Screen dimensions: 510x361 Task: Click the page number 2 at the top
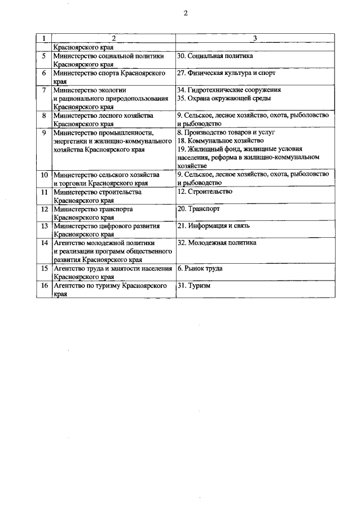tap(184, 15)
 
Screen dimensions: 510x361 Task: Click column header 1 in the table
tap(43, 38)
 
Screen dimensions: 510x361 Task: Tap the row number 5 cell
tap(43, 56)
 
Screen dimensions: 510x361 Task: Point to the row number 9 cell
tap(43, 133)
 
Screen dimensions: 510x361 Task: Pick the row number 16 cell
tap(43, 286)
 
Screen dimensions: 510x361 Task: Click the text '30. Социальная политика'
tap(215, 56)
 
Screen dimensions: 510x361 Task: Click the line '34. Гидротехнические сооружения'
tap(228, 90)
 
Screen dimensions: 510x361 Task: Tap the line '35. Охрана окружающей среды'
tap(223, 98)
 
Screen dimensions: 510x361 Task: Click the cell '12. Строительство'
tap(205, 192)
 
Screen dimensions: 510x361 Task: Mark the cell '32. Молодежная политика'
tap(217, 243)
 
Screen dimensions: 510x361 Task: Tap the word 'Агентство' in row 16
tap(69, 286)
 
